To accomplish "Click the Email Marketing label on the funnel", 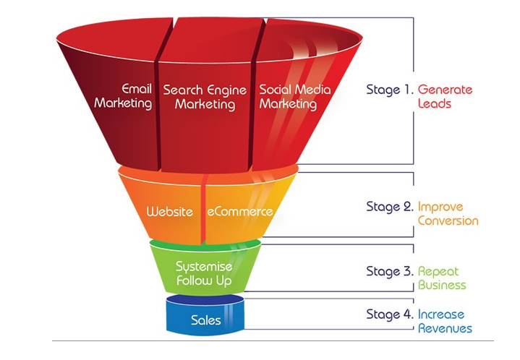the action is coord(123,96).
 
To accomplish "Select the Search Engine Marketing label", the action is coord(205,97).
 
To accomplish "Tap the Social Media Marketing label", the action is coord(295,96).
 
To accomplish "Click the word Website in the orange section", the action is coord(169,212).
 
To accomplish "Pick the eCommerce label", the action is coord(240,212).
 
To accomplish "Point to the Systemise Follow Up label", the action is coord(204,273).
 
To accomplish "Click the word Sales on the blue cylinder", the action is coord(205,320).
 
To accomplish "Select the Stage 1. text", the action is coord(390,90).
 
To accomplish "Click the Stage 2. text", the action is coord(390,207).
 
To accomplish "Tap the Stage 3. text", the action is coord(390,272).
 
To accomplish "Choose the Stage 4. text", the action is coord(390,314).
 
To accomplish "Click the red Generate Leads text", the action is coord(445,96).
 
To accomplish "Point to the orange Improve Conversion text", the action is coord(448,214).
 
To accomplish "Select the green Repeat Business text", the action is coord(442,278).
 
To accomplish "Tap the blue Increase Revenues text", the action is coord(445,321).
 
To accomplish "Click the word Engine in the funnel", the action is coord(227,90).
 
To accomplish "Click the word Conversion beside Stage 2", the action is coord(448,220).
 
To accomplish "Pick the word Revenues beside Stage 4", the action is coord(445,328).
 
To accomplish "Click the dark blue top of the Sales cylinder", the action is coord(205,300).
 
